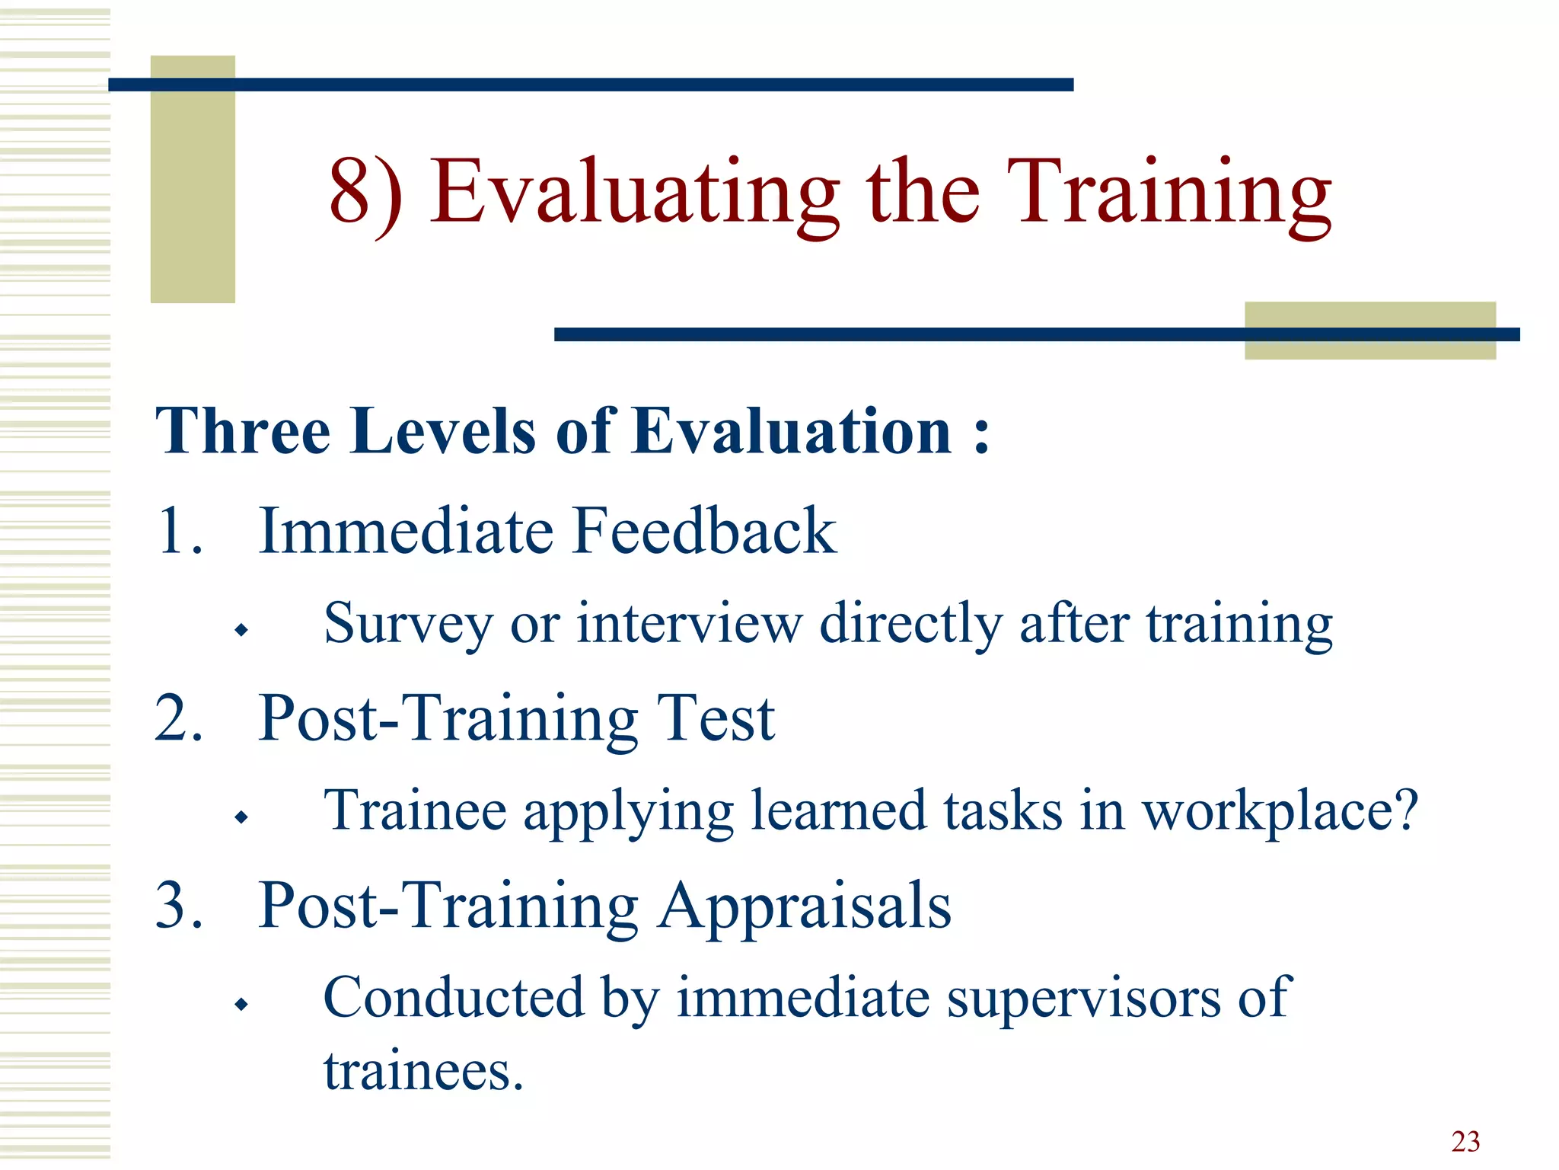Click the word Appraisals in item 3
coord(805,906)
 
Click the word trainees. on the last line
coord(423,1072)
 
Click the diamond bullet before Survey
coord(242,630)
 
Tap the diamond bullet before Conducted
coord(242,1004)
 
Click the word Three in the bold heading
coord(242,431)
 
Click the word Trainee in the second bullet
coord(415,810)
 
